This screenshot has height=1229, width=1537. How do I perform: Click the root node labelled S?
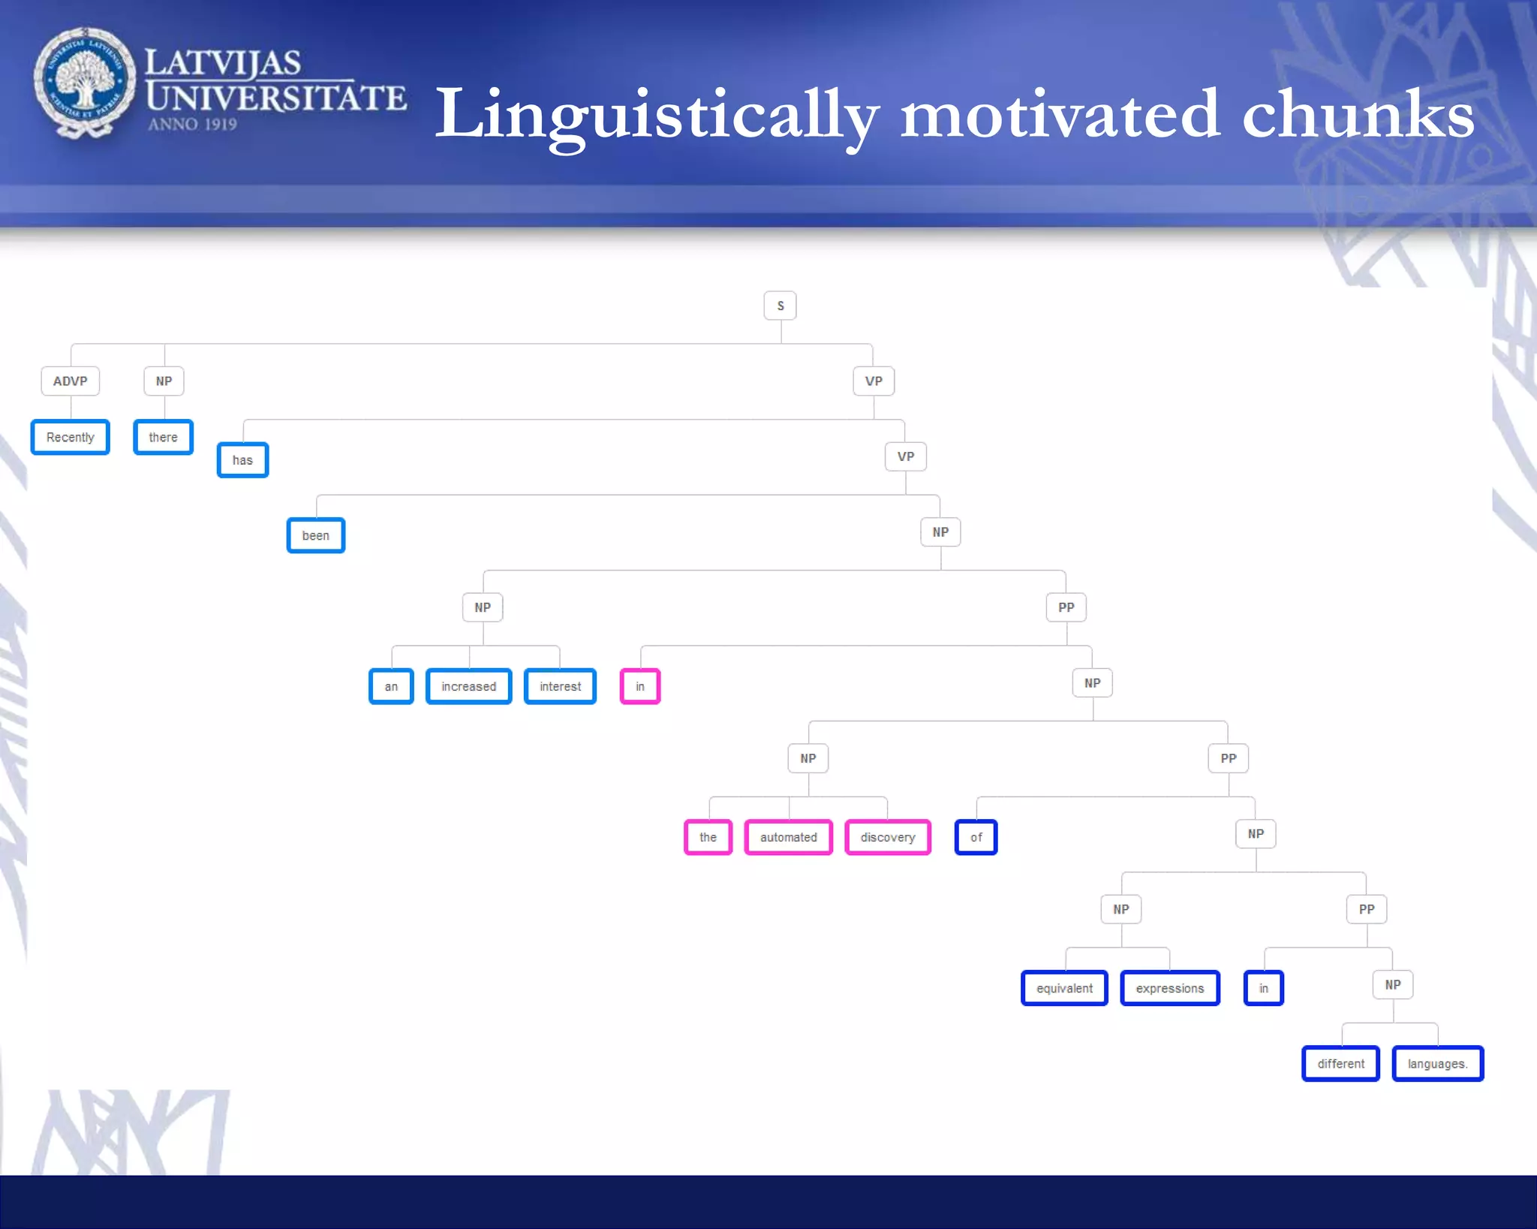point(780,306)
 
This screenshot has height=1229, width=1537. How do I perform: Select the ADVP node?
point(70,381)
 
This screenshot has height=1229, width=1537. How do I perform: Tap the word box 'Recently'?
point(70,437)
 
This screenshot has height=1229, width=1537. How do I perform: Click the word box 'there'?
point(163,437)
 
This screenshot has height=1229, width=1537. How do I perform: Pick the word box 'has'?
point(242,460)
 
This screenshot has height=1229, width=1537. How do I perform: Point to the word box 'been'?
point(316,535)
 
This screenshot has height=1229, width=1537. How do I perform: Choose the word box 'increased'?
point(468,686)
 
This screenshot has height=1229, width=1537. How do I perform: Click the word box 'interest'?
point(560,686)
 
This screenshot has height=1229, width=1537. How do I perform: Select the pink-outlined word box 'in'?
point(640,686)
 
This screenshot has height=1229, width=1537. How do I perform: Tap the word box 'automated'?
point(788,837)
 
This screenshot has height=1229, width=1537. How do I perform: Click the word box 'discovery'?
point(888,837)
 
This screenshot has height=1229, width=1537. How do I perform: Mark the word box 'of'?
point(976,837)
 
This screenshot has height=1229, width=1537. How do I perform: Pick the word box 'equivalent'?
point(1064,988)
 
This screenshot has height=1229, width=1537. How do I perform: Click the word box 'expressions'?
point(1169,988)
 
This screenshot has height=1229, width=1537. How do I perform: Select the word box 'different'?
point(1340,1064)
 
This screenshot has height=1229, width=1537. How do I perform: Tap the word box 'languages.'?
point(1437,1064)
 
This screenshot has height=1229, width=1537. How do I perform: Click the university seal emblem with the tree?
point(84,82)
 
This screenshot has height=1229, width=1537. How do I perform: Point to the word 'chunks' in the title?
point(1358,114)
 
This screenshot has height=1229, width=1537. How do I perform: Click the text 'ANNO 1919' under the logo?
point(192,124)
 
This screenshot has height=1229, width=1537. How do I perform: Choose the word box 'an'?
point(391,686)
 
